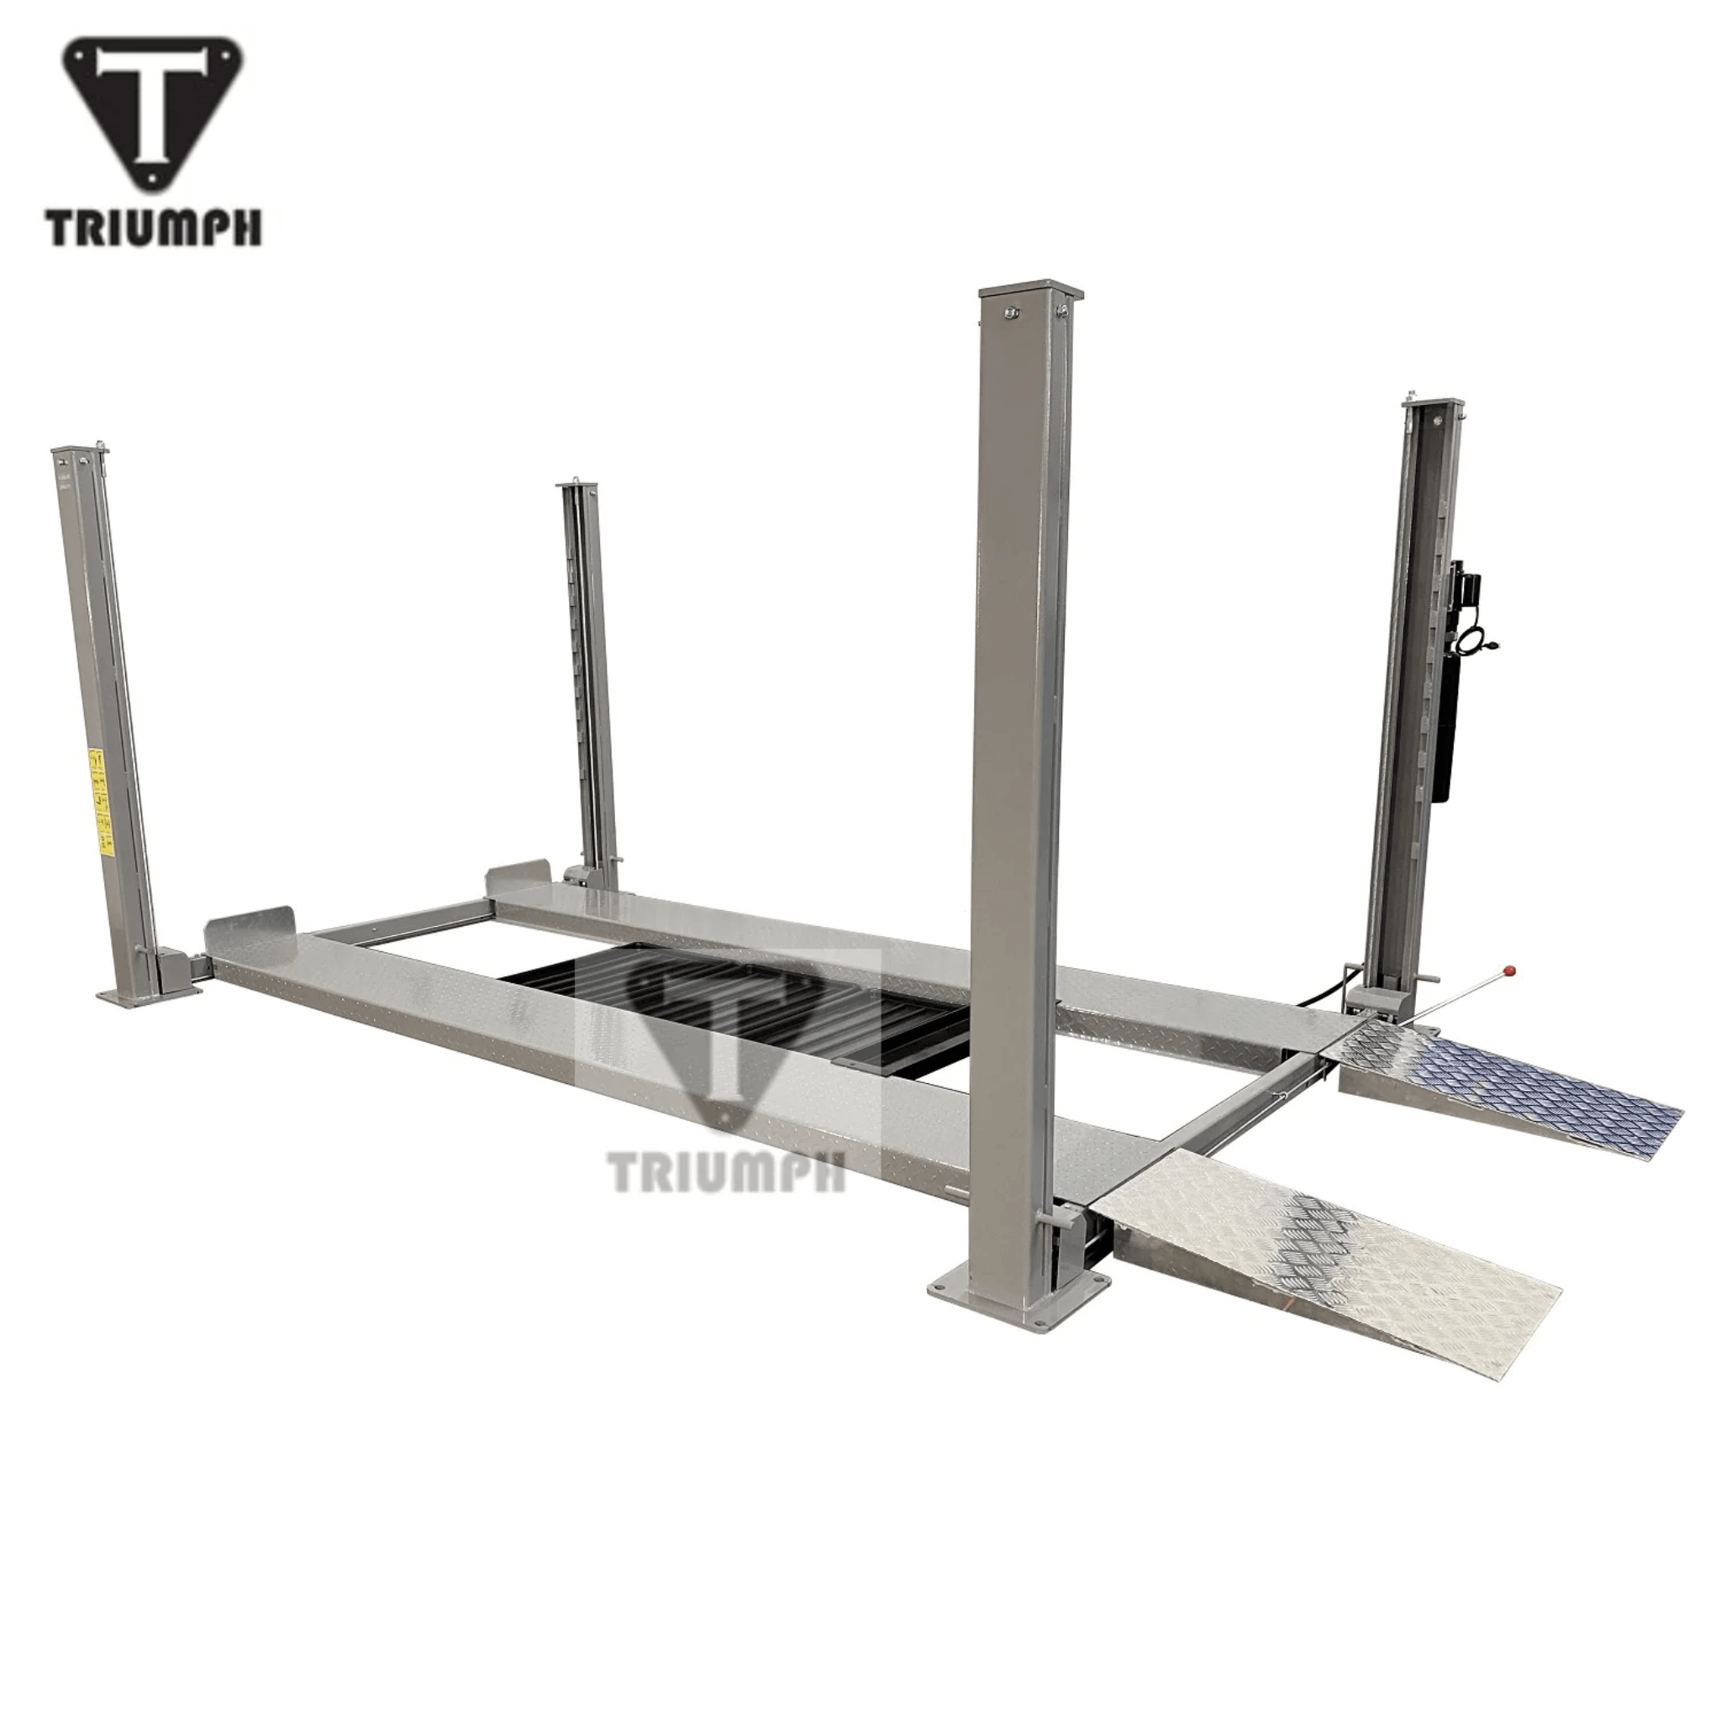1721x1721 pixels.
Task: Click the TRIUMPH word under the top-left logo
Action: click(155, 228)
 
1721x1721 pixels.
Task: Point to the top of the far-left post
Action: click(78, 457)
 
